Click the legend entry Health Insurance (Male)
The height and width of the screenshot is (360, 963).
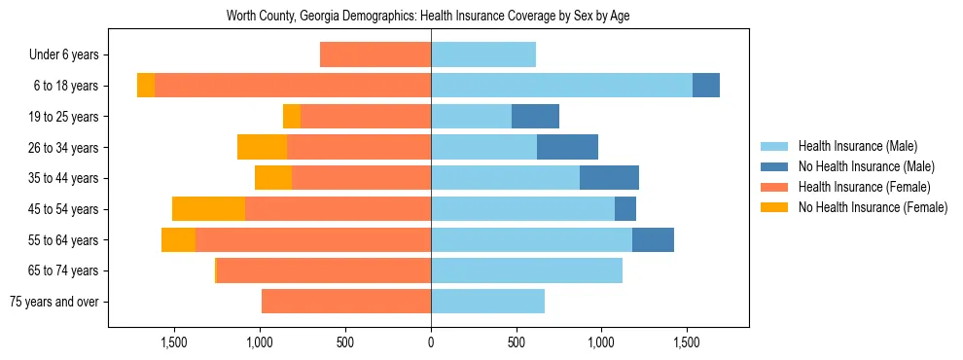tap(857, 146)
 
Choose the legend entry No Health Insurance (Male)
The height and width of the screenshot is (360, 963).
tap(866, 166)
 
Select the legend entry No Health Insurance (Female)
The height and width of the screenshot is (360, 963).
tap(873, 207)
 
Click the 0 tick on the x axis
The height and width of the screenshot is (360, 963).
tap(431, 342)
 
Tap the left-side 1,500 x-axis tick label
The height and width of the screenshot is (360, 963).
tap(174, 342)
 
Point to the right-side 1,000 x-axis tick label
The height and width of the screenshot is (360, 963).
tap(602, 342)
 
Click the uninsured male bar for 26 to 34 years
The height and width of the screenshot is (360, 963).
tap(567, 147)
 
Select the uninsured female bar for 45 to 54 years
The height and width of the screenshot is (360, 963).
tap(208, 209)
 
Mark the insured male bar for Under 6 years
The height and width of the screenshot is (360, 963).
tap(483, 55)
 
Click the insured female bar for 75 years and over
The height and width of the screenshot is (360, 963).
tap(346, 302)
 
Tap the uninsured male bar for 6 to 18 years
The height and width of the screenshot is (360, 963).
tap(706, 86)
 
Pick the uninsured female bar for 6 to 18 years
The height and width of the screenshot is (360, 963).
tap(146, 86)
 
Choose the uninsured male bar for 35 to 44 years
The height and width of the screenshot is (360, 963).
tap(609, 178)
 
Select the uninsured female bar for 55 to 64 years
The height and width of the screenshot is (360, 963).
tap(178, 240)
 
